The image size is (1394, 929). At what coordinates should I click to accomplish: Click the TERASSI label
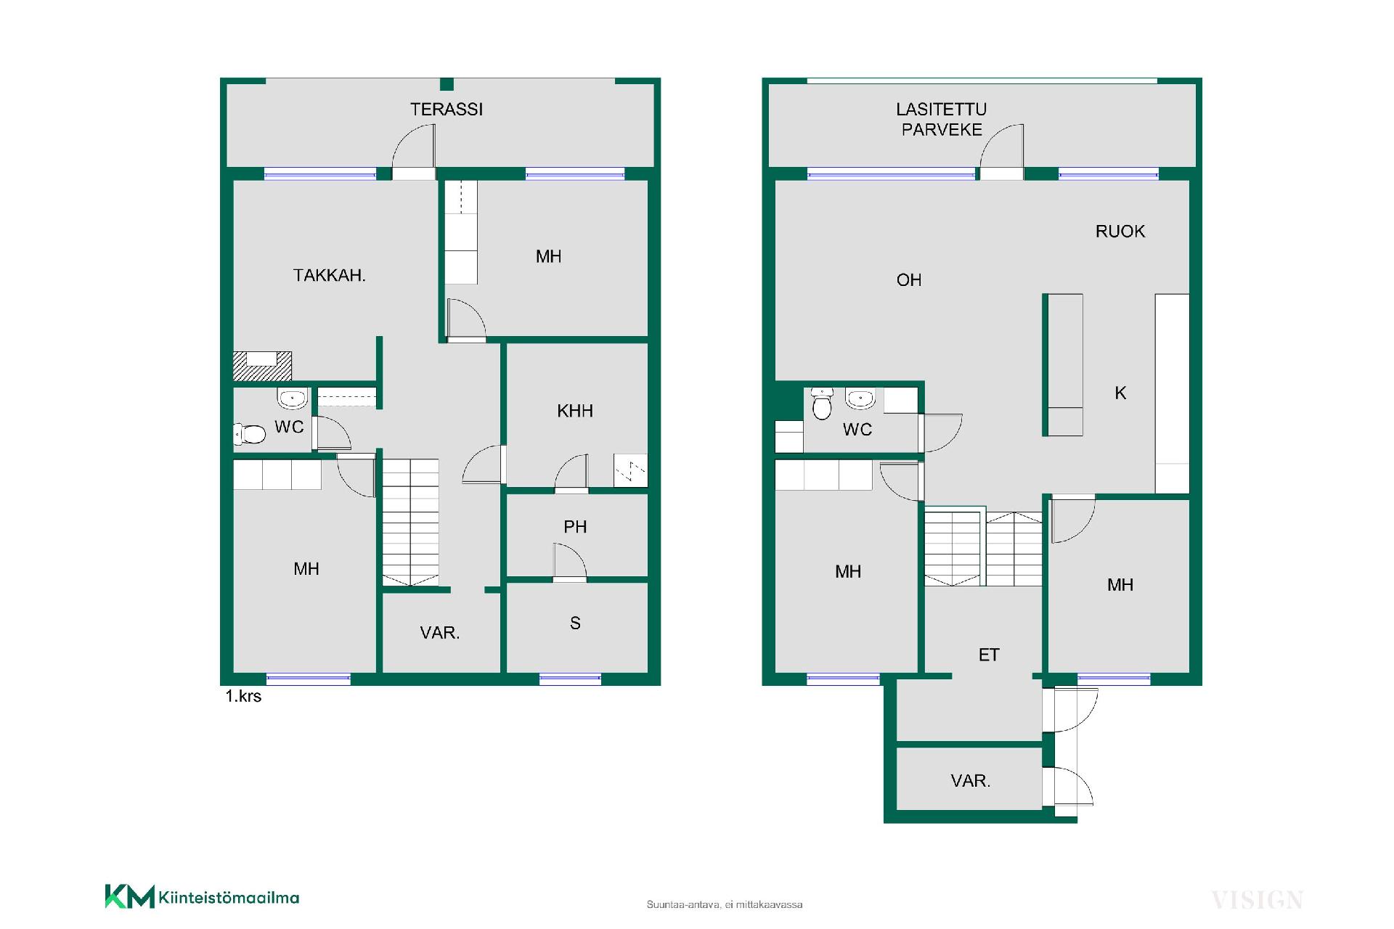[x=446, y=109]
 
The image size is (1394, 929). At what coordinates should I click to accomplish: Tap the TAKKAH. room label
[x=329, y=275]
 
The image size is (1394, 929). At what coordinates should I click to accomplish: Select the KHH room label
[x=575, y=411]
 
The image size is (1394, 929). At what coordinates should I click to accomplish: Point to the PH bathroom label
[x=575, y=527]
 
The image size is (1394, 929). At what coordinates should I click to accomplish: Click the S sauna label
[x=575, y=623]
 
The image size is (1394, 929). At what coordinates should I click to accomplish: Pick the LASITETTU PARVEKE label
[x=942, y=119]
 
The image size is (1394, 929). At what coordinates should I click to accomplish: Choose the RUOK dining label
[x=1120, y=232]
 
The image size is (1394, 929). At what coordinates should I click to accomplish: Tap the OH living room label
[x=909, y=280]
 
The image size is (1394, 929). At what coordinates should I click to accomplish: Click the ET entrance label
[x=989, y=655]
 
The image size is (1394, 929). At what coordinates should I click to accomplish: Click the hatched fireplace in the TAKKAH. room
[x=262, y=366]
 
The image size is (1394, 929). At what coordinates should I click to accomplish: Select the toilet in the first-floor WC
[x=249, y=434]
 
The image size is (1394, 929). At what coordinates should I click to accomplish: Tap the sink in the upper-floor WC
[x=860, y=398]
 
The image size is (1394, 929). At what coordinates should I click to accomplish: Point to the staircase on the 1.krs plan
[x=410, y=522]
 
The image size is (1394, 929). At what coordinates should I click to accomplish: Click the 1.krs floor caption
[x=243, y=696]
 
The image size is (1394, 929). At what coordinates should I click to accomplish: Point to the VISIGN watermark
[x=1258, y=901]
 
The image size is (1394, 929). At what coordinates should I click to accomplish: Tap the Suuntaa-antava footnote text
[x=725, y=904]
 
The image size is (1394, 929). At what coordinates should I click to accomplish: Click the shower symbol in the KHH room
[x=630, y=470]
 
